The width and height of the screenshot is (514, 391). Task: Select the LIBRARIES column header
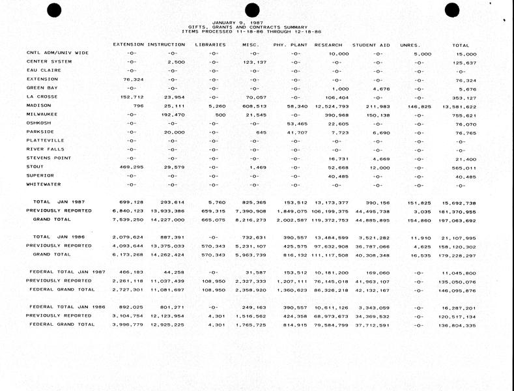click(210, 45)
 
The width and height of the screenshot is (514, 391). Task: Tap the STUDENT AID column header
click(371, 45)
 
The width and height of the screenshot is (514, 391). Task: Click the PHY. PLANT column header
click(289, 45)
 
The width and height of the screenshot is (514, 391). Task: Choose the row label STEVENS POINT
click(47, 158)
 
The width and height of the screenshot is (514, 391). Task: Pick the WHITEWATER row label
click(43, 184)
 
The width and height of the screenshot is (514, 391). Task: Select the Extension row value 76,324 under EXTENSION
click(133, 80)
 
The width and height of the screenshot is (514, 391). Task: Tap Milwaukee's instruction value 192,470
click(173, 115)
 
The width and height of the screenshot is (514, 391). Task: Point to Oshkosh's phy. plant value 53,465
click(289, 123)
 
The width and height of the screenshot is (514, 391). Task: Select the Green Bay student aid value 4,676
click(380, 88)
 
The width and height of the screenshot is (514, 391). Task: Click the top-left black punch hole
click(53, 9)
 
